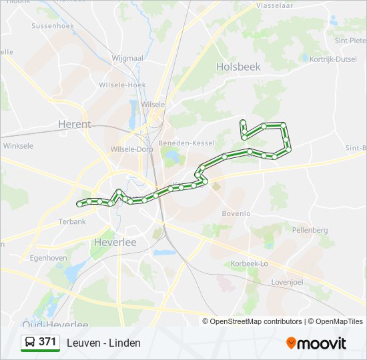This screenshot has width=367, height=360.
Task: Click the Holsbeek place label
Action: (x=238, y=67)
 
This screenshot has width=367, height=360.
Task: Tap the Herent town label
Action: (x=75, y=124)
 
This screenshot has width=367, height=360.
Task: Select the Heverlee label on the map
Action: (x=115, y=242)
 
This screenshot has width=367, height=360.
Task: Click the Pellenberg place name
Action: (x=310, y=230)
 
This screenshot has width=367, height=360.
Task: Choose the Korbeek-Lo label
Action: (x=249, y=264)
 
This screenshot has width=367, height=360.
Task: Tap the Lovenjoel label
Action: (x=287, y=282)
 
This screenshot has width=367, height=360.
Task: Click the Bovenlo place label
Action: (x=236, y=213)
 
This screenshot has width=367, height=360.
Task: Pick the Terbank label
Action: (x=72, y=221)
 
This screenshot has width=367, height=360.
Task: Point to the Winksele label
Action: (x=18, y=145)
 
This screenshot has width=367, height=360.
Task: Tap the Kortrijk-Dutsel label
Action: (x=333, y=59)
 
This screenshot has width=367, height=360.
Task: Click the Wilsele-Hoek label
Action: (x=122, y=85)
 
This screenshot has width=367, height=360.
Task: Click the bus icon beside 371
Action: (x=29, y=342)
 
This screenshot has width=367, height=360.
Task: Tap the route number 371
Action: (x=47, y=342)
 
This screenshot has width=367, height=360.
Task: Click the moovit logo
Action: (x=316, y=343)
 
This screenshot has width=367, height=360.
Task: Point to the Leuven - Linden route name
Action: (x=103, y=343)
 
